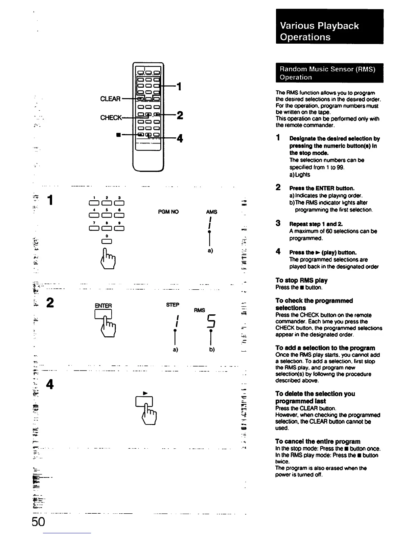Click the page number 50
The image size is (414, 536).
click(38, 522)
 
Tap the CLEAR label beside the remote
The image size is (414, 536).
click(110, 99)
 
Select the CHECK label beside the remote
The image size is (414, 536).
click(111, 117)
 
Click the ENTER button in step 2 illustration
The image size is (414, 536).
click(103, 314)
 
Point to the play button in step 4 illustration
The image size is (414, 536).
click(144, 401)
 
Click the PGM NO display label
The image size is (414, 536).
click(168, 212)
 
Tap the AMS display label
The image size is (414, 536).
click(211, 212)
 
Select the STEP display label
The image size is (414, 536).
click(172, 305)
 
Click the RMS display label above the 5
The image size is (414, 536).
click(200, 310)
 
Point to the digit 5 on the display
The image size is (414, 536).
click(211, 321)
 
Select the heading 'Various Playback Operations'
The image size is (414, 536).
click(319, 31)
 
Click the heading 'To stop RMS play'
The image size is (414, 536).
click(301, 280)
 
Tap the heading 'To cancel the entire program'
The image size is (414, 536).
click(318, 441)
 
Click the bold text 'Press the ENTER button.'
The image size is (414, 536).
click(322, 188)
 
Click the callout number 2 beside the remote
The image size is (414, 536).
click(180, 115)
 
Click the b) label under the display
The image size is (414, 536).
click(212, 350)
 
